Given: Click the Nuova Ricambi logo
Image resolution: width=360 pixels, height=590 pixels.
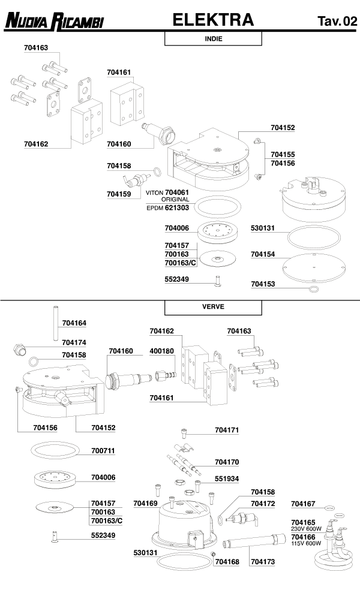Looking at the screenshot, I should coord(54,22).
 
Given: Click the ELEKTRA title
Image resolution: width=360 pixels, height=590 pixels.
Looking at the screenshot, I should coord(213,20).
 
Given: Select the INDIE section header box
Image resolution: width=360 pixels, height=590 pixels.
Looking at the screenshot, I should coord(214,38).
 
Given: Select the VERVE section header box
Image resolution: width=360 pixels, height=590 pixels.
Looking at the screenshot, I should coord(214,306).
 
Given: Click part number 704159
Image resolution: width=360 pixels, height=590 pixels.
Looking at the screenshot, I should coord(119,194).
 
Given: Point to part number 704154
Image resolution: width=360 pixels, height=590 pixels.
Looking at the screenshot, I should coord(263,254).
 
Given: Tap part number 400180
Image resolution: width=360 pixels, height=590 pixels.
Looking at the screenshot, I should coord(161,351).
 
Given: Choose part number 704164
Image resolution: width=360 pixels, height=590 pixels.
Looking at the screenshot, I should coord(74,323).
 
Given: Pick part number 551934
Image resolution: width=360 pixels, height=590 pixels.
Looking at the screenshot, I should coord(227,479).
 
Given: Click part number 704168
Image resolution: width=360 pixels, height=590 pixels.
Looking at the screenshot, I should coord(227,561).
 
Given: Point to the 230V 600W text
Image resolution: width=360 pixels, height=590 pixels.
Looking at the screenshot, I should coord(305,529).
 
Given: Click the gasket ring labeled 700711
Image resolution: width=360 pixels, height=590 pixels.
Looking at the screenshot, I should coord(54,450).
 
